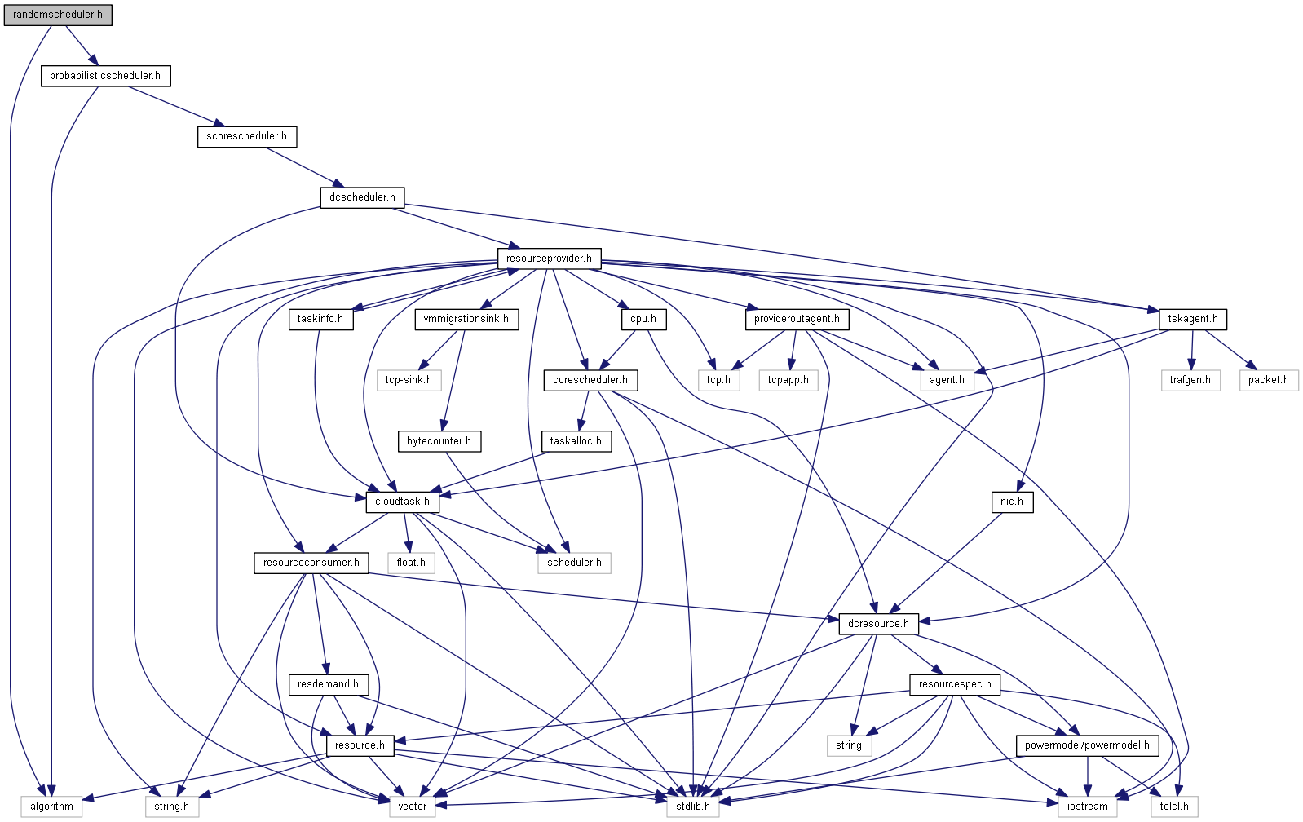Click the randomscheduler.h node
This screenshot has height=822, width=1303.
pyautogui.click(x=58, y=15)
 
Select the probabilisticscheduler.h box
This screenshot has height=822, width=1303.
pyautogui.click(x=105, y=76)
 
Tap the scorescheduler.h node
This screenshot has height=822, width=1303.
pyautogui.click(x=246, y=136)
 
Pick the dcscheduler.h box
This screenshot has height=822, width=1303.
pyautogui.click(x=362, y=197)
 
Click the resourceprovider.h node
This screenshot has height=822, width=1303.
pyautogui.click(x=549, y=259)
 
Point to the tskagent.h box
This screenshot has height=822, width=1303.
pyautogui.click(x=1192, y=319)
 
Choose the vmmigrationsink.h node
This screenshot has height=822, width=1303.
pyautogui.click(x=466, y=319)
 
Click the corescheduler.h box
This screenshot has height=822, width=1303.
pyautogui.click(x=590, y=380)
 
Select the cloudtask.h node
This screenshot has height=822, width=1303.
pyautogui.click(x=402, y=502)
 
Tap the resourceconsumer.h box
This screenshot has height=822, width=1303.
pyautogui.click(x=311, y=563)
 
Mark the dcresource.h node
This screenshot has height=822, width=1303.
pyautogui.click(x=878, y=624)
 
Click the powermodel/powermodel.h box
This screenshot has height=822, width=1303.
pyautogui.click(x=1087, y=745)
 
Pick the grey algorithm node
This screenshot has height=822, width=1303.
pyautogui.click(x=51, y=807)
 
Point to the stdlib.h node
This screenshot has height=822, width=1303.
pyautogui.click(x=693, y=807)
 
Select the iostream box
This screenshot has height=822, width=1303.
pyautogui.click(x=1087, y=807)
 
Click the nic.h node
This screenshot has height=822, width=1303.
pyautogui.click(x=1011, y=502)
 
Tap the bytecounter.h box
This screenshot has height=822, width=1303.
pyautogui.click(x=439, y=441)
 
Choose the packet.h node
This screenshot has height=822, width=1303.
pyautogui.click(x=1268, y=380)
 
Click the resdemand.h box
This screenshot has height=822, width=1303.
pyautogui.click(x=328, y=684)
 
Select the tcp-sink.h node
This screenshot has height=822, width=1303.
pyautogui.click(x=409, y=380)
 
